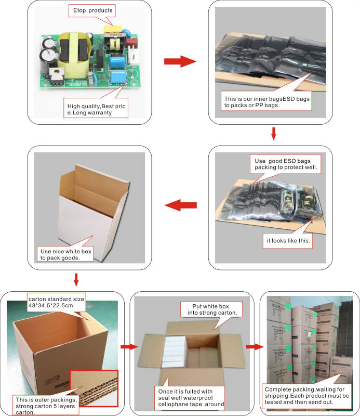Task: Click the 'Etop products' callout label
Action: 92,10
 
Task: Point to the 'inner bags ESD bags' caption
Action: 266,102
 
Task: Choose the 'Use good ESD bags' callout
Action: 286,164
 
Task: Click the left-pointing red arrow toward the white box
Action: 180,205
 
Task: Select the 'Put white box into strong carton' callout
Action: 210,309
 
